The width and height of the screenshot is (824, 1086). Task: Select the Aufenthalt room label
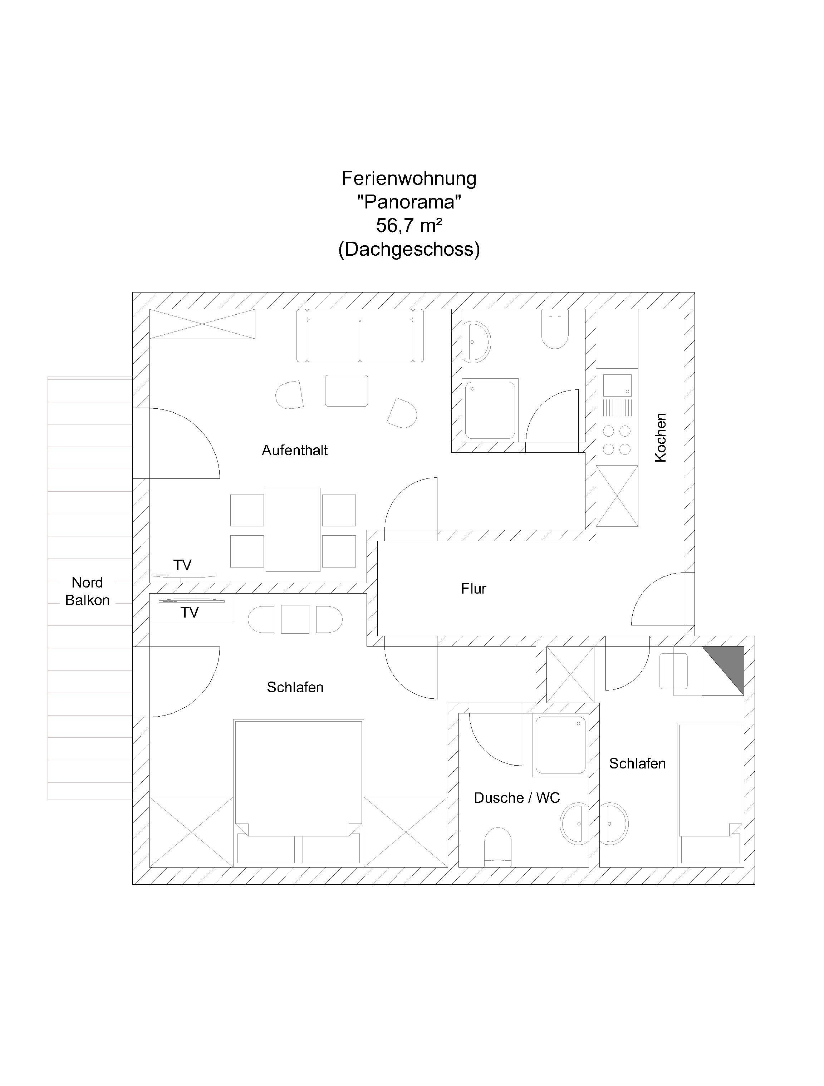pos(295,450)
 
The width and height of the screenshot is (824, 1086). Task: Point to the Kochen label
pos(661,437)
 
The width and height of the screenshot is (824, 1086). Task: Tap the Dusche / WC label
pos(516,798)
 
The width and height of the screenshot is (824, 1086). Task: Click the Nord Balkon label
pos(87,591)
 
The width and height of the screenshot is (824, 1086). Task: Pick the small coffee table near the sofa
pos(346,390)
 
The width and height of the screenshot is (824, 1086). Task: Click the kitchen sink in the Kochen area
pos(617,385)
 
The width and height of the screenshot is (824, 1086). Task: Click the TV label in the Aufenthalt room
pos(182,565)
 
